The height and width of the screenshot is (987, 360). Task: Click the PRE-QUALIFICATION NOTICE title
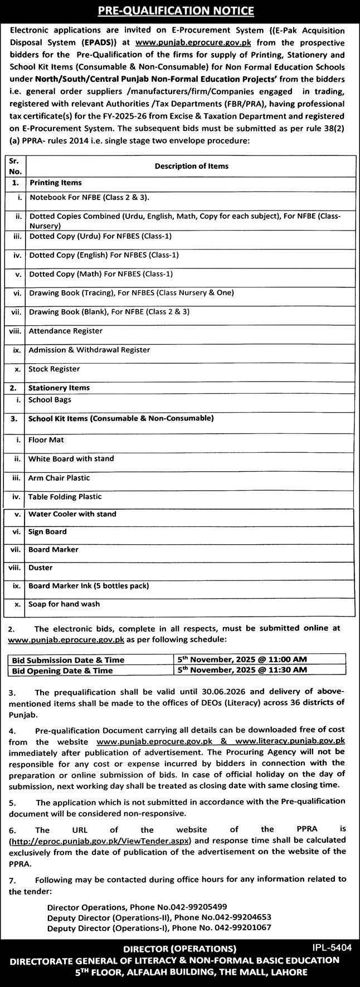tap(180, 11)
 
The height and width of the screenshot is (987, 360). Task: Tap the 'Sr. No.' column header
tap(15, 166)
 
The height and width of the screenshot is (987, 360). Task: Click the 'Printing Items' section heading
tap(55, 183)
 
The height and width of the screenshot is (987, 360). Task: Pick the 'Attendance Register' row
tap(66, 331)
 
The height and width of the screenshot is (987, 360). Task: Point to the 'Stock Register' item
tap(54, 369)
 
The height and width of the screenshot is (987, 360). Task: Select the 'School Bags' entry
tap(50, 400)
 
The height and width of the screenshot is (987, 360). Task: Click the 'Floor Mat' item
tap(46, 440)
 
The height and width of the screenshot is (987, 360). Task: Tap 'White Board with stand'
tap(71, 459)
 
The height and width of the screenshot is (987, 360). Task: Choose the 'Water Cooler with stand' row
tap(72, 514)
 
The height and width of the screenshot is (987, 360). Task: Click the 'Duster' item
tap(40, 568)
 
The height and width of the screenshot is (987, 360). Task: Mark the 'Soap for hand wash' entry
tap(64, 604)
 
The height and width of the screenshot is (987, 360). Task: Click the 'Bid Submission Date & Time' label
tap(68, 660)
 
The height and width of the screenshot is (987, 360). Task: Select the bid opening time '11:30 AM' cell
tap(286, 670)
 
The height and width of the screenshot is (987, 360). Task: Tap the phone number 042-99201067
tap(245, 929)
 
